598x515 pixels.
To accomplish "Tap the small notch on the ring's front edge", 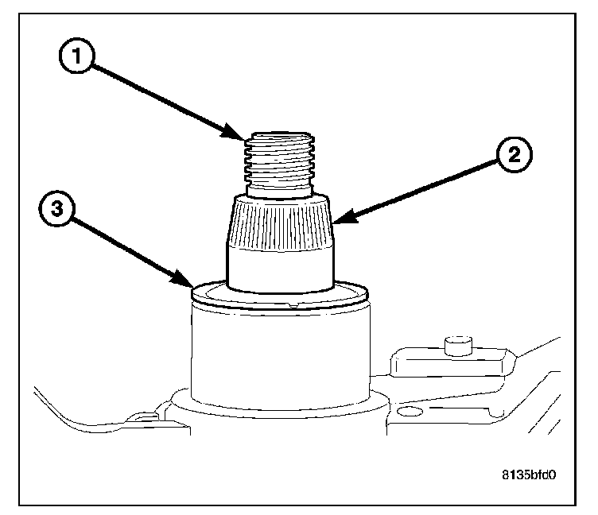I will [294, 304].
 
